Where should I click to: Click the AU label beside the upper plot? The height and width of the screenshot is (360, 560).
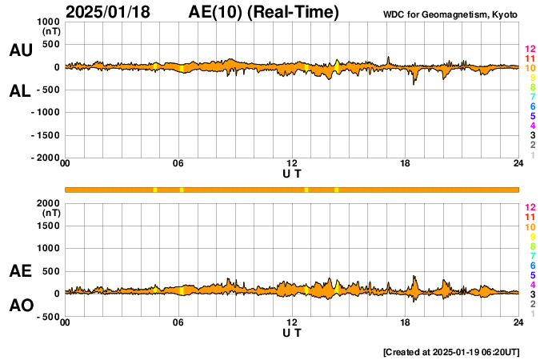21,50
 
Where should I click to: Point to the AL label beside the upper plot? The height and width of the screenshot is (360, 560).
21,91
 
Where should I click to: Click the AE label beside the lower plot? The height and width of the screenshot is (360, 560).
21,272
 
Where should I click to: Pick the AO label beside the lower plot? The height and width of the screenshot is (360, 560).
21,306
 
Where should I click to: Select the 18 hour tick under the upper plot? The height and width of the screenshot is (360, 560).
406,165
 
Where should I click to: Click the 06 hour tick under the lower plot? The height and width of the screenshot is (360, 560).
179,323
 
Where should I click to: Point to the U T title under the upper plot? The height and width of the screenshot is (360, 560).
292,174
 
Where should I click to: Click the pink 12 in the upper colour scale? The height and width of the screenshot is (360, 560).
530,49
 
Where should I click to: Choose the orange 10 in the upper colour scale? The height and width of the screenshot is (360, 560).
530,68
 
